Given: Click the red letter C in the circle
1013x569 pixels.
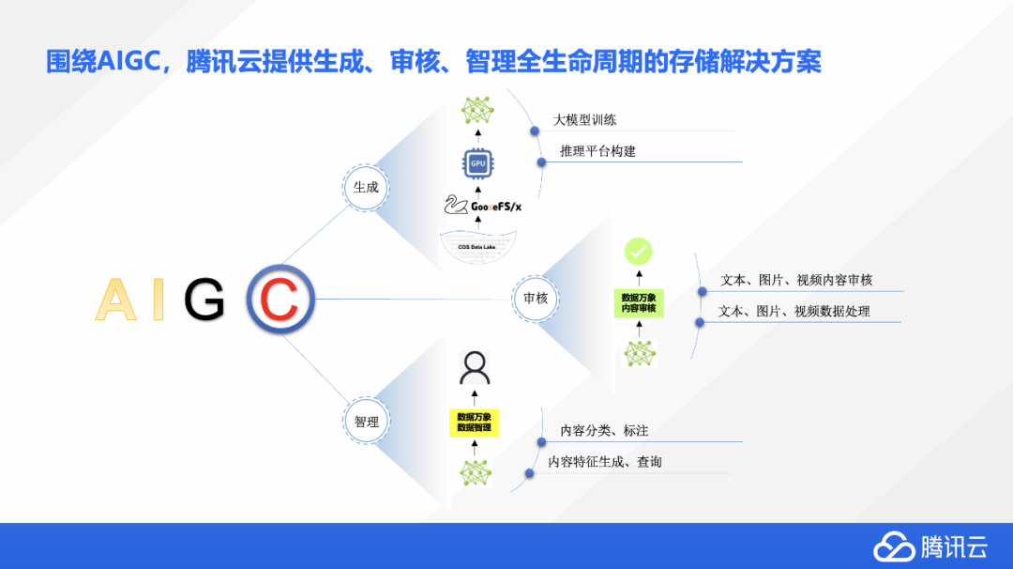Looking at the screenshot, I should point(280,300).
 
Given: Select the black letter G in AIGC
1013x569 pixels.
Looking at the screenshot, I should point(204,300).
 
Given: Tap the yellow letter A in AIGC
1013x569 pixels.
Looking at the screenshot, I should point(116,300).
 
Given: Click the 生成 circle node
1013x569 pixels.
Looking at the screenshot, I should point(365,187).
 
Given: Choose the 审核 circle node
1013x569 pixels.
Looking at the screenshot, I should point(536,298).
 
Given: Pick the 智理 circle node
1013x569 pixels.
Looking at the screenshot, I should point(366,422).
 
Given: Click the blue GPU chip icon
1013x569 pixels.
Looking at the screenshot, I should point(477,163).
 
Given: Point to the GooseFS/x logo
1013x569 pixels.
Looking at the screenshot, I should point(482,206).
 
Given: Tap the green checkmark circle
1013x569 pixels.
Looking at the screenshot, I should point(639,252).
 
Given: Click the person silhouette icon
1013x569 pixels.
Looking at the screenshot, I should point(475,368).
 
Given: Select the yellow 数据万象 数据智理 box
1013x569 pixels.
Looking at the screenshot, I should point(475,422).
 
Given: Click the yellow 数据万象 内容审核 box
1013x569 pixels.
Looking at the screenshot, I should point(639,303).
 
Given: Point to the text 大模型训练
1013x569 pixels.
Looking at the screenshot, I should point(584,120).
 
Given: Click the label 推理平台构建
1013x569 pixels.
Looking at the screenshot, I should point(597,151).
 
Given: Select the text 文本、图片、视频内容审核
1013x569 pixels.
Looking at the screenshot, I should point(795,281).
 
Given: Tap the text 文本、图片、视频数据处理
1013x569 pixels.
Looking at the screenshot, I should point(794,311).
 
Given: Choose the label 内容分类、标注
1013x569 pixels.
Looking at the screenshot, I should point(604,430).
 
